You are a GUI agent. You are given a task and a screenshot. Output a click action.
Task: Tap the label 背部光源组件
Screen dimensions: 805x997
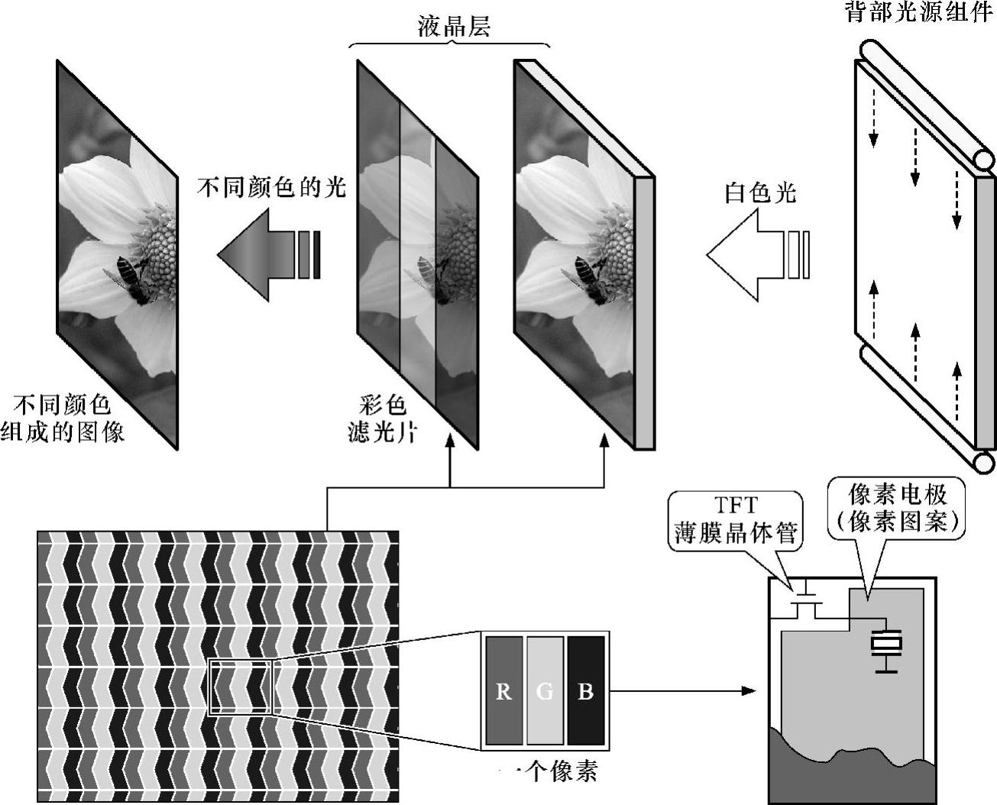918,11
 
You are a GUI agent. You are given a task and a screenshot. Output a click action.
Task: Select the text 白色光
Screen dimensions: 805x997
760,192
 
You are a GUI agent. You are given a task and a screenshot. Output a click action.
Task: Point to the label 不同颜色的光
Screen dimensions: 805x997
271,186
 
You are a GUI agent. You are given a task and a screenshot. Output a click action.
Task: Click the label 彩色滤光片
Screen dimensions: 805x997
381,419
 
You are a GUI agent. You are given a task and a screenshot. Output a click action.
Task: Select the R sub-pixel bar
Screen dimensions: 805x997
503,690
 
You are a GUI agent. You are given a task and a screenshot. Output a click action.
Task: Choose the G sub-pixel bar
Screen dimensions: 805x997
545,690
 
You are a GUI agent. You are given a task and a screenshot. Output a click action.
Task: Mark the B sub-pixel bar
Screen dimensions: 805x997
586,690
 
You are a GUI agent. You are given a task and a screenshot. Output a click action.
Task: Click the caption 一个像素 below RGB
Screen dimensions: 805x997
550,771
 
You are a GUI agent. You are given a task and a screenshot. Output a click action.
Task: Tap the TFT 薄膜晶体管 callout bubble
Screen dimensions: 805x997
735,519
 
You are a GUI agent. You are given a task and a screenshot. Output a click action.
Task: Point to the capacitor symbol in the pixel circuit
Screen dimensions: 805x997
885,645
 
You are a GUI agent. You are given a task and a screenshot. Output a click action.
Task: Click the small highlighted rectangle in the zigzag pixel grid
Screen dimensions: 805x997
240,687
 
